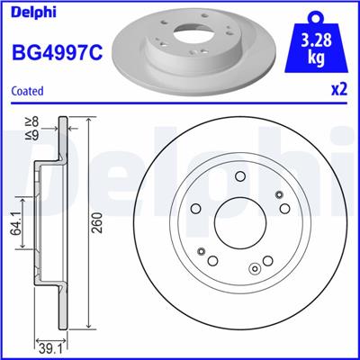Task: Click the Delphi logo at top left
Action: click(x=33, y=12)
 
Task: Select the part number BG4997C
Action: click(x=57, y=51)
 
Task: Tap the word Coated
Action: click(x=27, y=91)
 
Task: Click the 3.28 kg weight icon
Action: click(x=316, y=41)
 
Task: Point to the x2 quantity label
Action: click(x=339, y=89)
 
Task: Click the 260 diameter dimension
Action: click(x=98, y=222)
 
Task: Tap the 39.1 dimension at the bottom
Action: click(x=51, y=350)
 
